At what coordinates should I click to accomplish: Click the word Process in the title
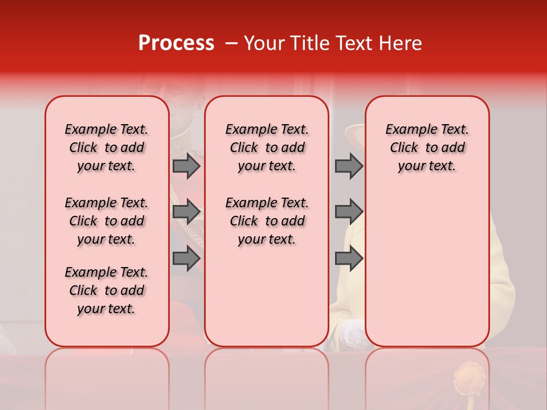pyautogui.click(x=176, y=43)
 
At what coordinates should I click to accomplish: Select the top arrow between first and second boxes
pyautogui.click(x=186, y=166)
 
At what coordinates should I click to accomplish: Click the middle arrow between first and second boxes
pyautogui.click(x=186, y=212)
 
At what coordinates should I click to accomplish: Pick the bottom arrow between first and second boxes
pyautogui.click(x=186, y=259)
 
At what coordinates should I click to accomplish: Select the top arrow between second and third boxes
pyautogui.click(x=349, y=166)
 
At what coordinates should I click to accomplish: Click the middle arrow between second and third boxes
pyautogui.click(x=349, y=212)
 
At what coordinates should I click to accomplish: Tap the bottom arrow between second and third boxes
pyautogui.click(x=349, y=259)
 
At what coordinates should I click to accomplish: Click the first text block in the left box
pyautogui.click(x=107, y=147)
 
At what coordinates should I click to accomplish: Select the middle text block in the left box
pyautogui.click(x=107, y=221)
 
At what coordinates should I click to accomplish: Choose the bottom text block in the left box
pyautogui.click(x=107, y=290)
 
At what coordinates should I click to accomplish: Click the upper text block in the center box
pyautogui.click(x=267, y=147)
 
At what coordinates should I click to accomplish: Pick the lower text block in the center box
pyautogui.click(x=267, y=221)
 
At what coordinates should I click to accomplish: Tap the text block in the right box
pyautogui.click(x=427, y=147)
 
